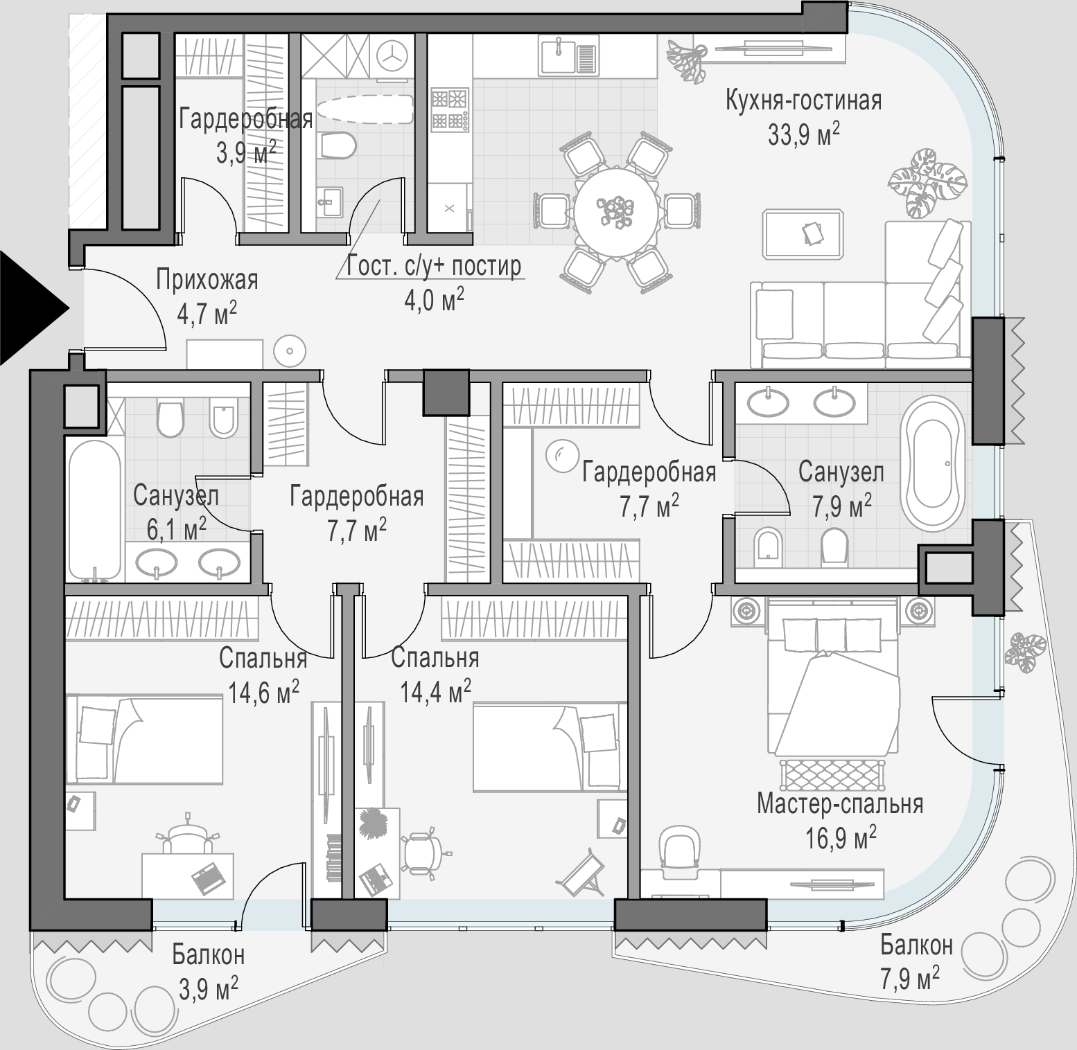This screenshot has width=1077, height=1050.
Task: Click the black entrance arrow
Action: pos(31,308)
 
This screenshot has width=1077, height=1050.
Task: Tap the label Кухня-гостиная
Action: pos(804,100)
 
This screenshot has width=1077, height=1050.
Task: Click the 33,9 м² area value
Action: pos(804,133)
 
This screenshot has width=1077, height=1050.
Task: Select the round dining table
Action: pos(615,208)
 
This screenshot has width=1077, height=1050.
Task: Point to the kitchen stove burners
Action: pos(450,109)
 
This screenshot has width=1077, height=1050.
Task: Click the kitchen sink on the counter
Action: pos(568,56)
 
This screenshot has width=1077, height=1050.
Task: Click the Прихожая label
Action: pos(207,281)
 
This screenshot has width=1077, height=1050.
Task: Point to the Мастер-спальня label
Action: pos(840,804)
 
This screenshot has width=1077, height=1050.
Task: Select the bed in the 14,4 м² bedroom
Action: pos(550,747)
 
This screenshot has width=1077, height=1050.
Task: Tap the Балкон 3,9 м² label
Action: pos(208,972)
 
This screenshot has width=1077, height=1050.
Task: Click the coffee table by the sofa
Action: pos(804,235)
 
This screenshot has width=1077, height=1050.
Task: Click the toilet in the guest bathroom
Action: pos(339,146)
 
